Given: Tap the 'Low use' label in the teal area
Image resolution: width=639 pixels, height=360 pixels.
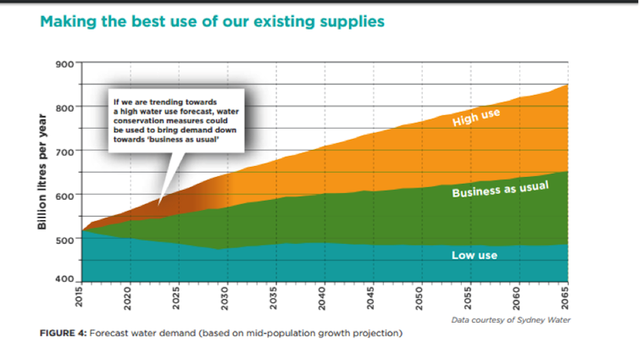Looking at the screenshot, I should point(475,255).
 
